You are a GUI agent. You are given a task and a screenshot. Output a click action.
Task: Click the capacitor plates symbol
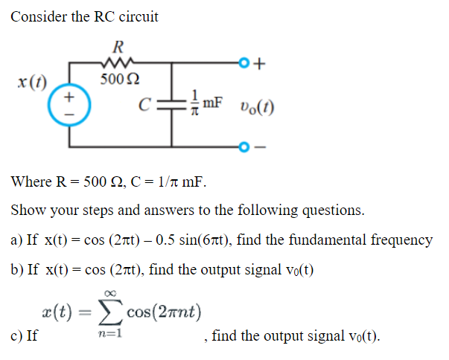tap(173, 104)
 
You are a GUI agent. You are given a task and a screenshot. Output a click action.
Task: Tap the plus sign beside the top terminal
tap(258, 63)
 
